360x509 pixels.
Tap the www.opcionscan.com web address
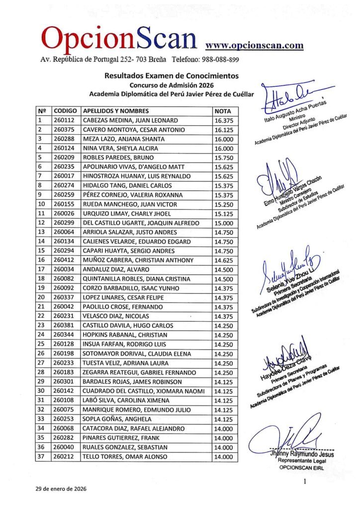254,45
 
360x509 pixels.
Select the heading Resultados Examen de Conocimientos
171,76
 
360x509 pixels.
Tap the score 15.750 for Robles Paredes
224,158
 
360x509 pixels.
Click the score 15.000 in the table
224,223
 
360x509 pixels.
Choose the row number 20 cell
42,298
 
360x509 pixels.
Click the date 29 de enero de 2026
61,489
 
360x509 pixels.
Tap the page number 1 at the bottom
304,482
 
